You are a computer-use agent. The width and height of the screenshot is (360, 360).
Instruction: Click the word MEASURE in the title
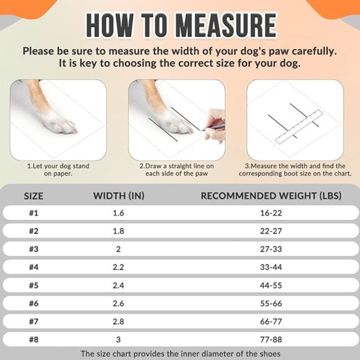(x=227, y=25)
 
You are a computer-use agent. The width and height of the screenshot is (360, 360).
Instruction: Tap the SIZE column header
(x=34, y=196)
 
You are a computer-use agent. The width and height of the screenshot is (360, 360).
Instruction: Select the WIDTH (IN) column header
(x=119, y=196)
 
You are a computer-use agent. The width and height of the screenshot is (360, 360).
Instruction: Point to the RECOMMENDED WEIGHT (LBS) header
(x=271, y=196)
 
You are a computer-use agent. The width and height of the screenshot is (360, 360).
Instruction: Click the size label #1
(x=34, y=213)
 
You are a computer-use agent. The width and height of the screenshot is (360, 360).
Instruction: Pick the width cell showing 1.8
(x=119, y=231)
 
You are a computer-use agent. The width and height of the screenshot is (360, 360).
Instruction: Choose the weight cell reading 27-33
(x=271, y=249)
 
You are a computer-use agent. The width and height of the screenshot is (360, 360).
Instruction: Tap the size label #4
(x=34, y=268)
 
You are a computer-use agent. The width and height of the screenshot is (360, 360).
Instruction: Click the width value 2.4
(x=119, y=286)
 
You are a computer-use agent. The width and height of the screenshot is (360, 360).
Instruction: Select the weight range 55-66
(x=271, y=304)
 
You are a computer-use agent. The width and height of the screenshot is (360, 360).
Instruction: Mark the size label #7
(x=34, y=322)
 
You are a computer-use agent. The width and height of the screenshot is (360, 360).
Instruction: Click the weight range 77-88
(x=271, y=340)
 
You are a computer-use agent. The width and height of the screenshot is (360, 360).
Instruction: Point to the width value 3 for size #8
(x=119, y=340)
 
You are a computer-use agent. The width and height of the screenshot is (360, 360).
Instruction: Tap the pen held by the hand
(x=213, y=127)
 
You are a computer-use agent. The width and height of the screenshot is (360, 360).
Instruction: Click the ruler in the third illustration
(x=299, y=127)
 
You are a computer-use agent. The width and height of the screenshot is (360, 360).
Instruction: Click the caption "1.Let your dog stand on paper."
(x=58, y=169)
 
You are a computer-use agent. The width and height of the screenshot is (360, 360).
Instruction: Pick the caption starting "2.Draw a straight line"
(x=176, y=169)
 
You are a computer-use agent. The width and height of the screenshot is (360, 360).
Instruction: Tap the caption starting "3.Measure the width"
(x=295, y=169)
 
